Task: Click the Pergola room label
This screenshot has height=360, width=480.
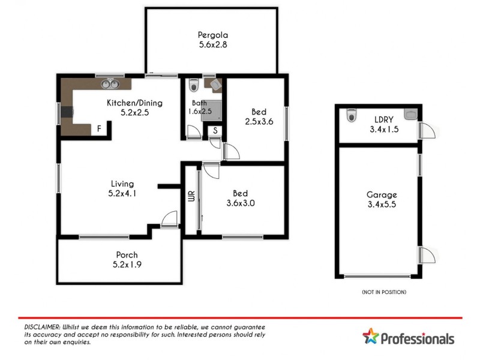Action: click(x=214, y=34)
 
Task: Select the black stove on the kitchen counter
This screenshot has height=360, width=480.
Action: click(x=67, y=111)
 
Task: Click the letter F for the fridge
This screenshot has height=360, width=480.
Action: click(x=99, y=128)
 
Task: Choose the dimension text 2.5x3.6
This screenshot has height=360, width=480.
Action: click(x=259, y=122)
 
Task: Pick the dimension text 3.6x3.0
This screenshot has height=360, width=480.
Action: click(x=240, y=203)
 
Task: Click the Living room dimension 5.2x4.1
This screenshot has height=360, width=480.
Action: click(x=122, y=193)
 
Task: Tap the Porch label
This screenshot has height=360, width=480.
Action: click(x=123, y=254)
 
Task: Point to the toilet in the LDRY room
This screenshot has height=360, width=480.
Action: click(x=352, y=114)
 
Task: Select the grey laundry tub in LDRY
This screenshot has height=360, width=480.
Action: click(x=411, y=113)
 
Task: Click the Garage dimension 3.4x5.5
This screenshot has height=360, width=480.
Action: click(x=382, y=205)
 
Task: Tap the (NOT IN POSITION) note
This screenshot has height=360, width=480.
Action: click(x=384, y=292)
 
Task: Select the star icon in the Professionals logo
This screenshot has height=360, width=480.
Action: click(x=371, y=337)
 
